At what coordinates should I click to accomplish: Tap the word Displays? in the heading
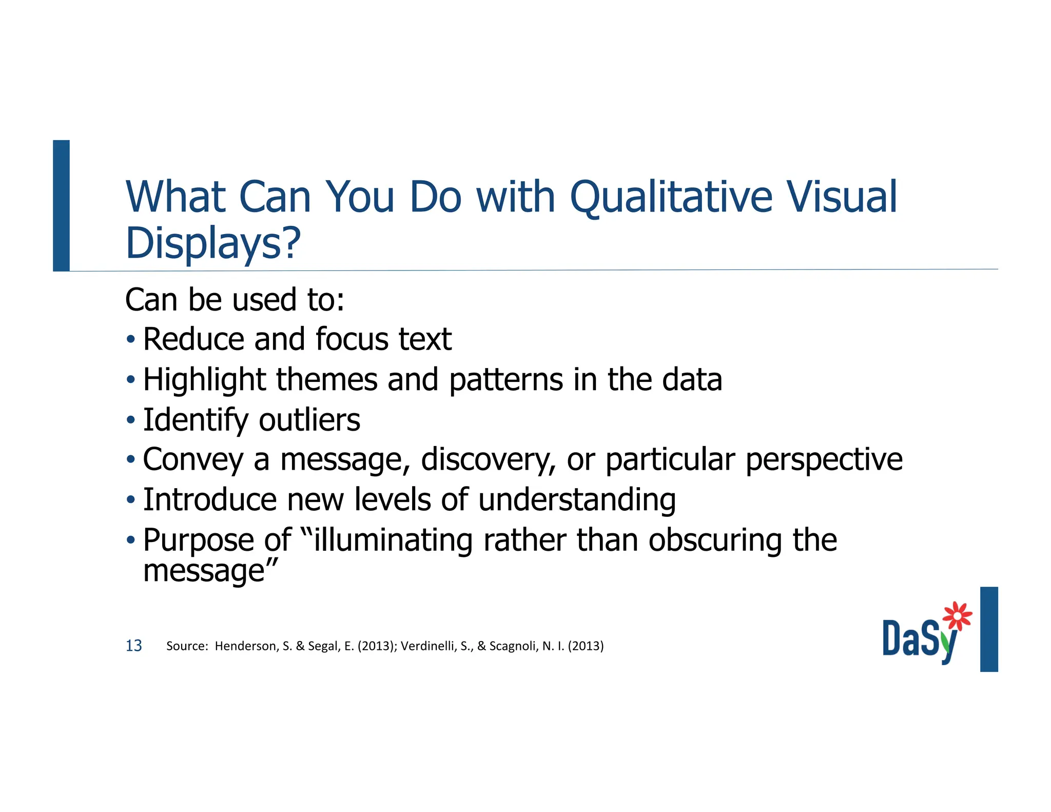point(213,243)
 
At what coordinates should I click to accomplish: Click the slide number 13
point(133,646)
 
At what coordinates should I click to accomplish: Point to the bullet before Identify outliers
point(131,420)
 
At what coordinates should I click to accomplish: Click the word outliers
point(309,420)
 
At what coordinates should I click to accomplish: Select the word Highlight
point(204,380)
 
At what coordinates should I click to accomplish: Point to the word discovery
point(488,459)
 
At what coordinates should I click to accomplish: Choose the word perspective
point(824,459)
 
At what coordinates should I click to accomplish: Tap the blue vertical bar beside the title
point(61,205)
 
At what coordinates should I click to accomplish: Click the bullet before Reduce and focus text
point(131,339)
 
